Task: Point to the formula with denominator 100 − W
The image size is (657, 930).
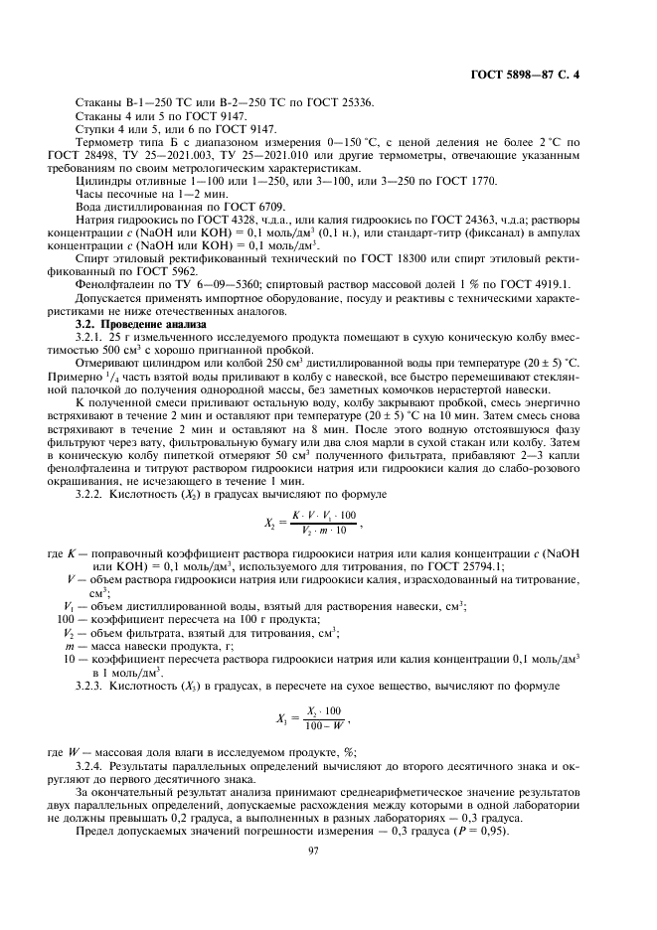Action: [x=310, y=716]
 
